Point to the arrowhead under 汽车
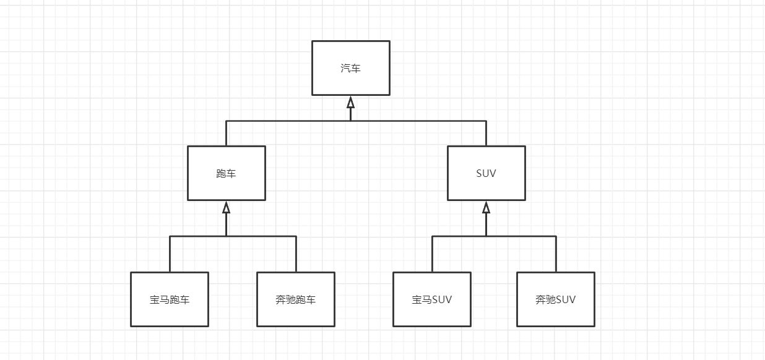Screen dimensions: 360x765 (350, 101)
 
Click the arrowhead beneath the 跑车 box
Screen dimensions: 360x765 (226, 207)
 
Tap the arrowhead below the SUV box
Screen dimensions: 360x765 (486, 207)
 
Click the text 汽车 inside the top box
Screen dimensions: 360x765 (350, 68)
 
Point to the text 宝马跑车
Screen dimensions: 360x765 (170, 300)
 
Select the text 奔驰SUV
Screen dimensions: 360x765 (556, 300)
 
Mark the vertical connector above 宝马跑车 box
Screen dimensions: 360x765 (170, 254)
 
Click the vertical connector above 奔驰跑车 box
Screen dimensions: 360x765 (296, 254)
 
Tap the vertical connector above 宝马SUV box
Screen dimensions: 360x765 (432, 254)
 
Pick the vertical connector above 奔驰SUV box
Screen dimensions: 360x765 (556, 254)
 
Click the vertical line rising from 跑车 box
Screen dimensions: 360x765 (226, 133)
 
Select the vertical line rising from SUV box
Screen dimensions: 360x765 (486, 133)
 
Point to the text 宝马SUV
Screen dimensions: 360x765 (432, 300)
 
